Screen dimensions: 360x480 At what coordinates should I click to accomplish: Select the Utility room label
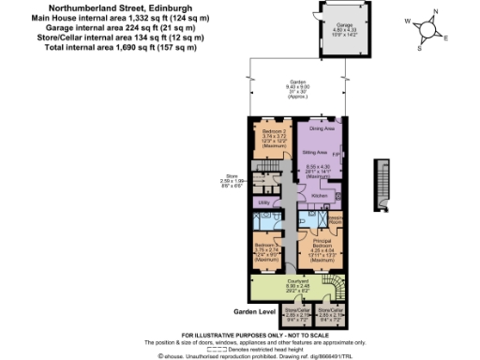click(263, 202)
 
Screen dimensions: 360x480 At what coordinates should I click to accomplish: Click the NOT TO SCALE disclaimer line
click(239, 335)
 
